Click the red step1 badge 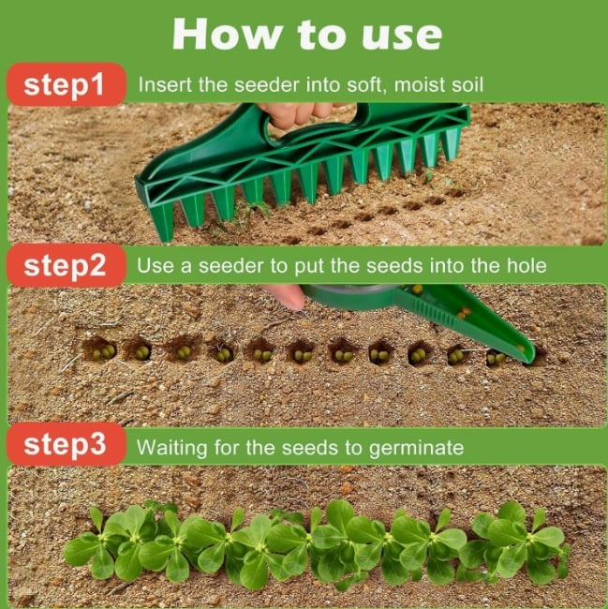(65, 84)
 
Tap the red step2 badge (65, 265)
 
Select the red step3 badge (65, 445)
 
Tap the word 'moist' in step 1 (421, 85)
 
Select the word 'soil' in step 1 (467, 85)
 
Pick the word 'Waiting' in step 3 (174, 448)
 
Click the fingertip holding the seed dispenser (287, 296)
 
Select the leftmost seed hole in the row (100, 350)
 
